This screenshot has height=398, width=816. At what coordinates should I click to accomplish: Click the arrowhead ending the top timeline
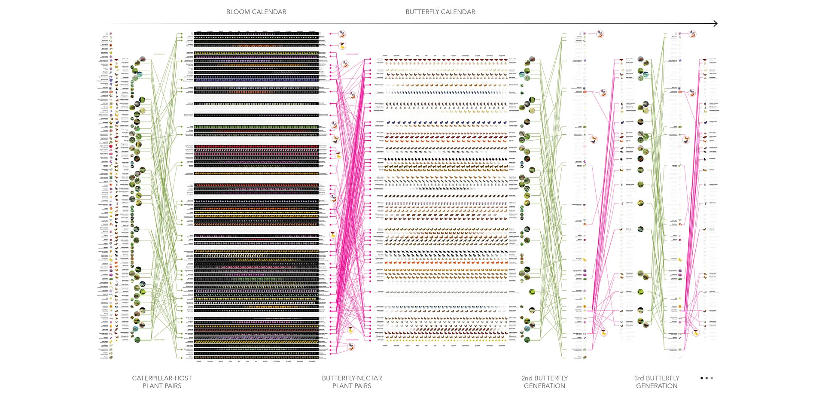tap(715, 24)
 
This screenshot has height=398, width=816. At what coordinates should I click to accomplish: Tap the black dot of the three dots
tap(702, 378)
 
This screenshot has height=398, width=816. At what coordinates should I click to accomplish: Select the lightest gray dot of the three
tap(712, 378)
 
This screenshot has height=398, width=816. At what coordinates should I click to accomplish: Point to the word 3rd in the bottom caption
tap(639, 378)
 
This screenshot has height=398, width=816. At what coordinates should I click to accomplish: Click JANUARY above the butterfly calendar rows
tap(385, 56)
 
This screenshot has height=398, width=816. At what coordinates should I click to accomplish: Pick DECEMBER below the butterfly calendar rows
tap(502, 346)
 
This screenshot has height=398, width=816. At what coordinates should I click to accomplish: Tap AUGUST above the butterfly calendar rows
tap(454, 56)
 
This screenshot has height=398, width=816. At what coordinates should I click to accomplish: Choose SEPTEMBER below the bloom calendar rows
tap(277, 361)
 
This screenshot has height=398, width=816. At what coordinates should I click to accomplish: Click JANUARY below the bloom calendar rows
tap(199, 361)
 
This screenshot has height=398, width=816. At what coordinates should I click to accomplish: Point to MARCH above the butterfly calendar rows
tap(408, 56)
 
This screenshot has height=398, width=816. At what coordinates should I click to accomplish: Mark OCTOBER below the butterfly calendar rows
tap(478, 346)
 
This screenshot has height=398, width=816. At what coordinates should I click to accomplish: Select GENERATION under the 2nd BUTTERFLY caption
tap(545, 386)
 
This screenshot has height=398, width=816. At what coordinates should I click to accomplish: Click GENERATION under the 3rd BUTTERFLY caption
tap(657, 386)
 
